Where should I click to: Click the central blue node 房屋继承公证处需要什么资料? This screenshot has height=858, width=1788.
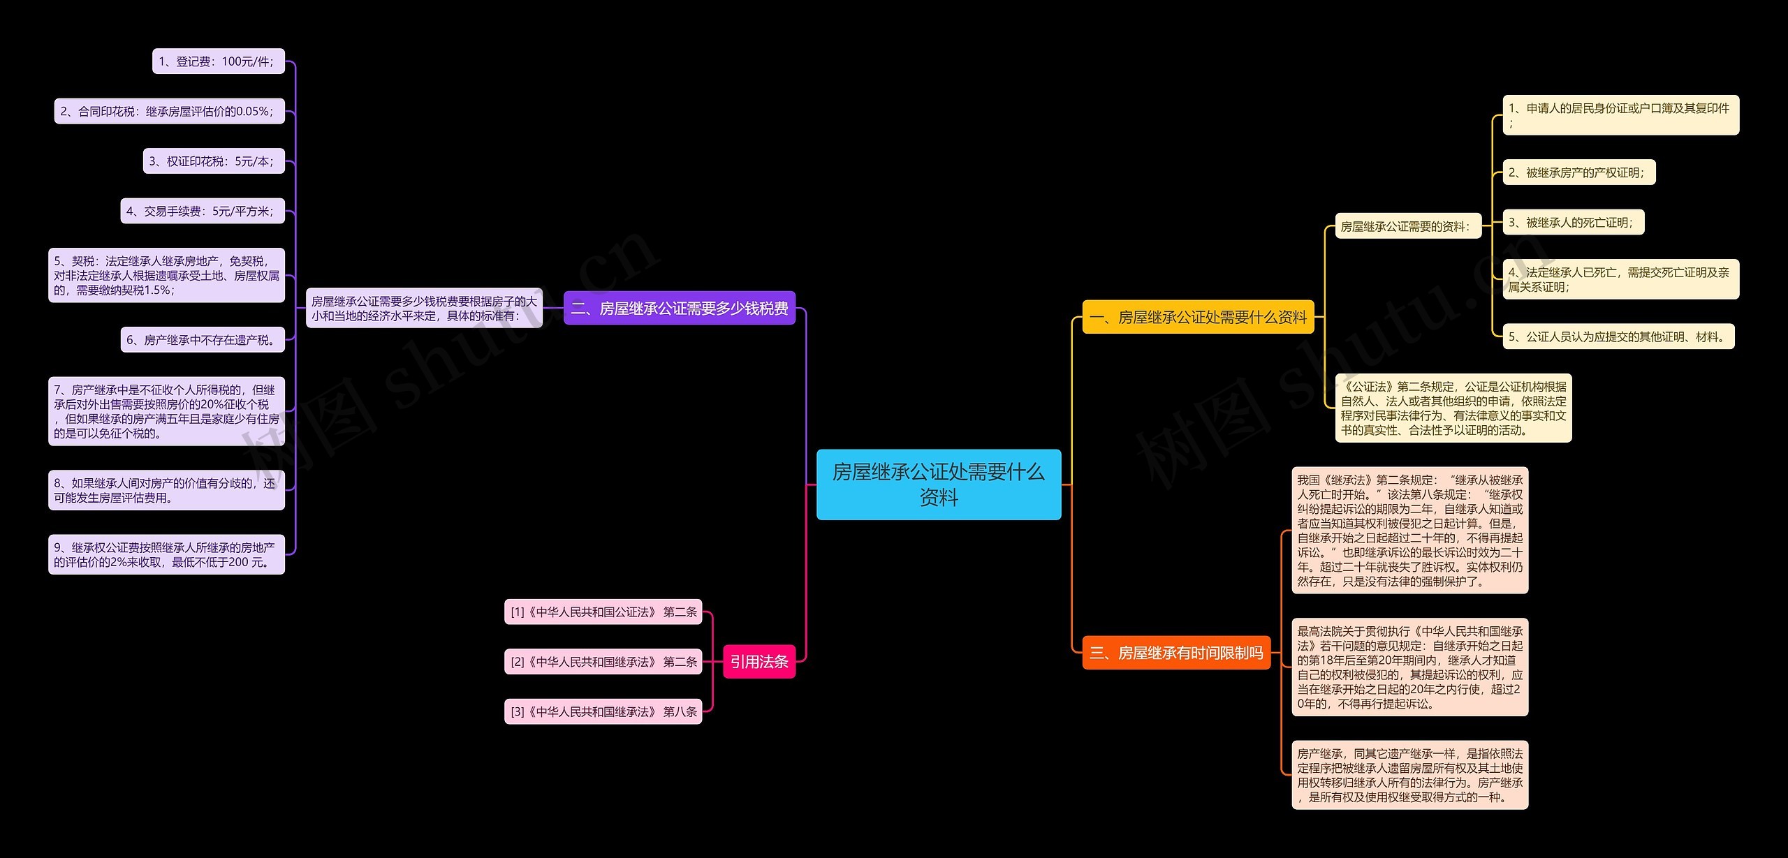[939, 485]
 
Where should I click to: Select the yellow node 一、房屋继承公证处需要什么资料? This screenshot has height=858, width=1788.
[1199, 317]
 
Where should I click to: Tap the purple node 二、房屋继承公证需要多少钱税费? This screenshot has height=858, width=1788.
[680, 308]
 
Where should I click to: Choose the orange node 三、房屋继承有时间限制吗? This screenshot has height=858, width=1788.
[1176, 653]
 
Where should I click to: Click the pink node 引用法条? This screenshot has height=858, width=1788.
[759, 661]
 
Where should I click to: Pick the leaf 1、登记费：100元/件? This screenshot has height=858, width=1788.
[219, 61]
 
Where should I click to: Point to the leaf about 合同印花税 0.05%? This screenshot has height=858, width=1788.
[170, 111]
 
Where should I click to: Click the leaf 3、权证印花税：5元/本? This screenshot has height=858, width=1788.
[214, 161]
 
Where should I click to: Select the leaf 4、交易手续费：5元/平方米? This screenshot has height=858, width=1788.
[203, 211]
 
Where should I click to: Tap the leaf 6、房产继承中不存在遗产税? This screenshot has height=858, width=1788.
[203, 340]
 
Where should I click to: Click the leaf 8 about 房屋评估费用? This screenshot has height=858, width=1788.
[166, 490]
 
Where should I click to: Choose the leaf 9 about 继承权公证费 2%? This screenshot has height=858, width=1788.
[166, 554]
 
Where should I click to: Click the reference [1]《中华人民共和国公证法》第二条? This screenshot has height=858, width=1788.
[603, 612]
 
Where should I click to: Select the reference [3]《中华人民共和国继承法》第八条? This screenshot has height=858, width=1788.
[603, 711]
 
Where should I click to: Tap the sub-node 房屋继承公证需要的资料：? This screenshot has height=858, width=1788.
[1408, 226]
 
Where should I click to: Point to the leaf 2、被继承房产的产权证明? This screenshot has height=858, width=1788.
[1579, 172]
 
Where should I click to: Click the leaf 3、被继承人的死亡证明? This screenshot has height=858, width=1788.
[1574, 222]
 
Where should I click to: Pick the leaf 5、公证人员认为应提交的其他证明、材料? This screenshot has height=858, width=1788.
[1619, 336]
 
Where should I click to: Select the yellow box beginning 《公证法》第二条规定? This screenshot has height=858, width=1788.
[1453, 408]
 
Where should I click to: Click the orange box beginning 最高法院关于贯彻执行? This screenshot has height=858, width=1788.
[1410, 667]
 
